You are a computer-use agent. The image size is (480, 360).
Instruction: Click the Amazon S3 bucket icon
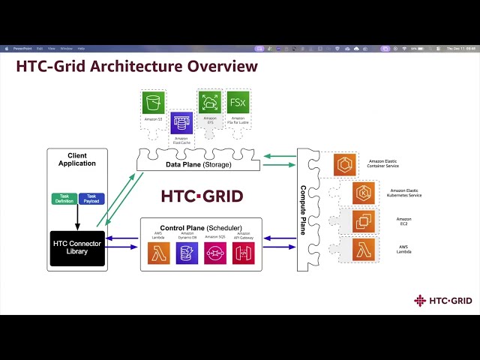[x=153, y=103]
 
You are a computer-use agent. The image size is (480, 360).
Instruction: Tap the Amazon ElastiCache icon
[x=181, y=122]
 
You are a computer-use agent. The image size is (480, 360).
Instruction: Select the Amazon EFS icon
[x=210, y=102]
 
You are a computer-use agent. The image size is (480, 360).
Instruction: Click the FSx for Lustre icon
[x=238, y=102]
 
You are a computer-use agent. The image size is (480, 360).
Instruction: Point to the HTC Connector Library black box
[x=76, y=247]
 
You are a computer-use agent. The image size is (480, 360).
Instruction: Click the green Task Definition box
[x=64, y=199]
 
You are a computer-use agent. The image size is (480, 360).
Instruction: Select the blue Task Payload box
[x=91, y=199]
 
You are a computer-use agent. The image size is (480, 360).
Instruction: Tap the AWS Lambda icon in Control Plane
[x=159, y=253]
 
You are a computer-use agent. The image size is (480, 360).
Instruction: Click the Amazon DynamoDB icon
[x=187, y=253]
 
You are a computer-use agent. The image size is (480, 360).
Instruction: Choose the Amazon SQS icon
[x=215, y=253]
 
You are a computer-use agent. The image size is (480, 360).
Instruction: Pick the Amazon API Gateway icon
[x=243, y=253]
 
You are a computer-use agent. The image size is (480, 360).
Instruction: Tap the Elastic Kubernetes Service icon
[x=364, y=193]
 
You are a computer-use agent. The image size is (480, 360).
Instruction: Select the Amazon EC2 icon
[x=364, y=221]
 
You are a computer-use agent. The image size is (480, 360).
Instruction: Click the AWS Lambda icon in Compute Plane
[x=364, y=249]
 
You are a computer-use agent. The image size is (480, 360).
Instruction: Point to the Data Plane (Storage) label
[x=198, y=165]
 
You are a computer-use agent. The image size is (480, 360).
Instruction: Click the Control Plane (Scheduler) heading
[x=201, y=227]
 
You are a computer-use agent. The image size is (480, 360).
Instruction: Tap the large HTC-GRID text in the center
[x=202, y=196]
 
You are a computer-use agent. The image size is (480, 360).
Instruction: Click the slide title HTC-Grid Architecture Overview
[x=137, y=67]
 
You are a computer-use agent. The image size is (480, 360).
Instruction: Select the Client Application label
[x=76, y=159]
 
